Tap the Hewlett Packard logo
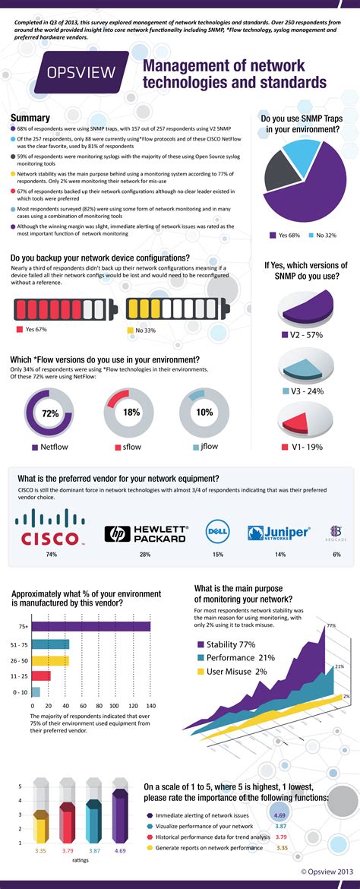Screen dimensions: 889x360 point(147,533)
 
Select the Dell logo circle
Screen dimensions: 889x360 point(218,533)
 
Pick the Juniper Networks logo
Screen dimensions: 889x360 point(279,533)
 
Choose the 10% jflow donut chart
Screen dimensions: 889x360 point(204,413)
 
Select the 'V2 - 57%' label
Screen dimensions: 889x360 point(306,334)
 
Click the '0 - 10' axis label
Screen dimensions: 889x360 point(20,691)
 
